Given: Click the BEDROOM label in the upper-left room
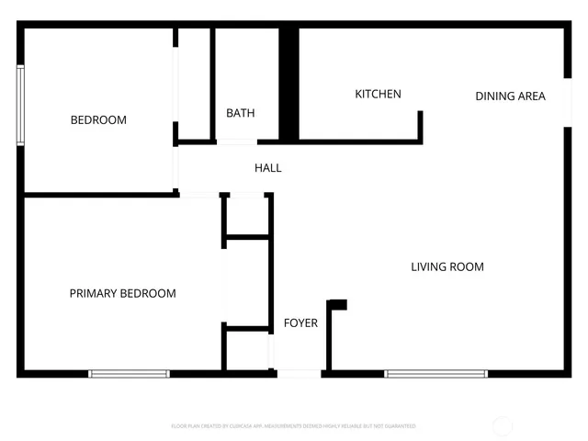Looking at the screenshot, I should pyautogui.click(x=98, y=119).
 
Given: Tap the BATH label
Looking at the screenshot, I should pyautogui.click(x=241, y=113).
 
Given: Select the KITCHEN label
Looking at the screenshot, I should pyautogui.click(x=378, y=94).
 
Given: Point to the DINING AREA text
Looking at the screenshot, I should pyautogui.click(x=510, y=96).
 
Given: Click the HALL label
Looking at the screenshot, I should pyautogui.click(x=268, y=168).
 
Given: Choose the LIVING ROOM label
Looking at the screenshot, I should pyautogui.click(x=447, y=266).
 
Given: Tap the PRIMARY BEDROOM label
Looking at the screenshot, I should pyautogui.click(x=122, y=293).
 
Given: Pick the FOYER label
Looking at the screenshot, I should pyautogui.click(x=300, y=322).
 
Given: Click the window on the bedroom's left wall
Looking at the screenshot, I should pyautogui.click(x=19, y=105).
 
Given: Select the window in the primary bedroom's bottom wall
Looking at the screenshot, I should pyautogui.click(x=129, y=374).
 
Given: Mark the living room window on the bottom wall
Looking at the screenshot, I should pyautogui.click(x=435, y=374).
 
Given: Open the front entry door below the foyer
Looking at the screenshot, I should pyautogui.click(x=299, y=374).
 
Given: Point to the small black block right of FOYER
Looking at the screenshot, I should pyautogui.click(x=337, y=304).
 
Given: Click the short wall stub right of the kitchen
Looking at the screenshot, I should pyautogui.click(x=421, y=126).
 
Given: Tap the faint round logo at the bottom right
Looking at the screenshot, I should pyautogui.click(x=502, y=426).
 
